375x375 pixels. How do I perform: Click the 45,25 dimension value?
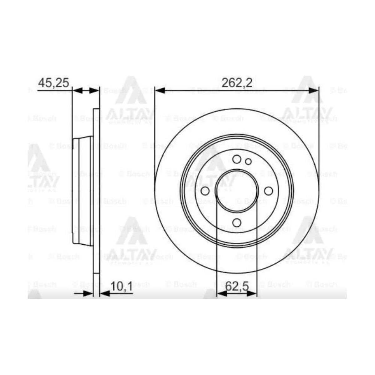pyautogui.click(x=53, y=83)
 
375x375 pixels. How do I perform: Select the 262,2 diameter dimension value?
pyautogui.click(x=237, y=83)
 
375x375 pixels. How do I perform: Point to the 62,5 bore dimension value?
pyautogui.click(x=237, y=286)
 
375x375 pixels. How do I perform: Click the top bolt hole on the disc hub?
pyautogui.click(x=237, y=159)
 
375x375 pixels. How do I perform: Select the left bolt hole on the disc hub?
pyautogui.click(x=205, y=191)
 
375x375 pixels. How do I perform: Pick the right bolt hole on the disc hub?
pyautogui.click(x=268, y=191)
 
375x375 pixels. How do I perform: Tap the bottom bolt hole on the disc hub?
pyautogui.click(x=237, y=222)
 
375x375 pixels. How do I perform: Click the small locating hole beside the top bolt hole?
pyautogui.click(x=248, y=161)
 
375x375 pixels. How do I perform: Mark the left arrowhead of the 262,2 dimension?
pyautogui.click(x=159, y=91)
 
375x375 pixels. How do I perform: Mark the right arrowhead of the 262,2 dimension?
pyautogui.click(x=314, y=91)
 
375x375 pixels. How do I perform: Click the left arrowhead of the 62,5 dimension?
pyautogui.click(x=221, y=294)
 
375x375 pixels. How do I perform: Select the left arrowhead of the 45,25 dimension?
pyautogui.click(x=77, y=91)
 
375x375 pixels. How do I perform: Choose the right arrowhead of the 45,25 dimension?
pyautogui.click(x=95, y=91)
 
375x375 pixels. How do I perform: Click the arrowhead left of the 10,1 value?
pyautogui.click(x=89, y=294)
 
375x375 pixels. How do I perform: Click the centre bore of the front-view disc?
pyautogui.click(x=237, y=191)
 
